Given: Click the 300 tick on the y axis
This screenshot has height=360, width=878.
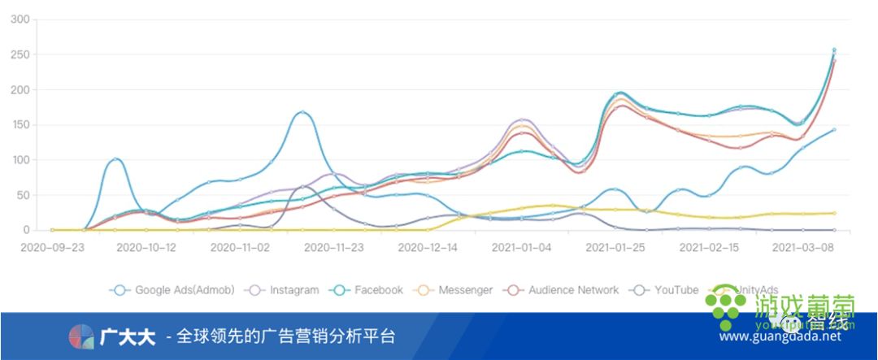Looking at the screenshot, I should point(20,20).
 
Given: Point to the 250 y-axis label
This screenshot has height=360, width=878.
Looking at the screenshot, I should point(20,55).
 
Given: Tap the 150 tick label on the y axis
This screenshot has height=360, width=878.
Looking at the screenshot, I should point(20,125).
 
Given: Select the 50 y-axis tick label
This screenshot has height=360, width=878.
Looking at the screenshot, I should point(23,196).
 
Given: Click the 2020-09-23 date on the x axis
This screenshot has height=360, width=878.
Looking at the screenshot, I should point(52,246).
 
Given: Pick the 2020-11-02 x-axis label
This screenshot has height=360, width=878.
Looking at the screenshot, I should point(240,246).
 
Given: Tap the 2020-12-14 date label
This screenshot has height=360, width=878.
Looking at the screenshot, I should point(428,246).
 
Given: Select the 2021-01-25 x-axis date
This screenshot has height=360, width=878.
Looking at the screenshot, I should point(615,246).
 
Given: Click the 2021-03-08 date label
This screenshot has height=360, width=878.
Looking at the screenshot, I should point(803,246).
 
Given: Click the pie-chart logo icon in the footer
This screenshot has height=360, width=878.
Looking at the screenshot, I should point(81,336).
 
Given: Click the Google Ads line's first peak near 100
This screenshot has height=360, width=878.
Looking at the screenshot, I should point(115,159).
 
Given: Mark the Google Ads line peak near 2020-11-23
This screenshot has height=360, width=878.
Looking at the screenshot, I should point(302,112).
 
